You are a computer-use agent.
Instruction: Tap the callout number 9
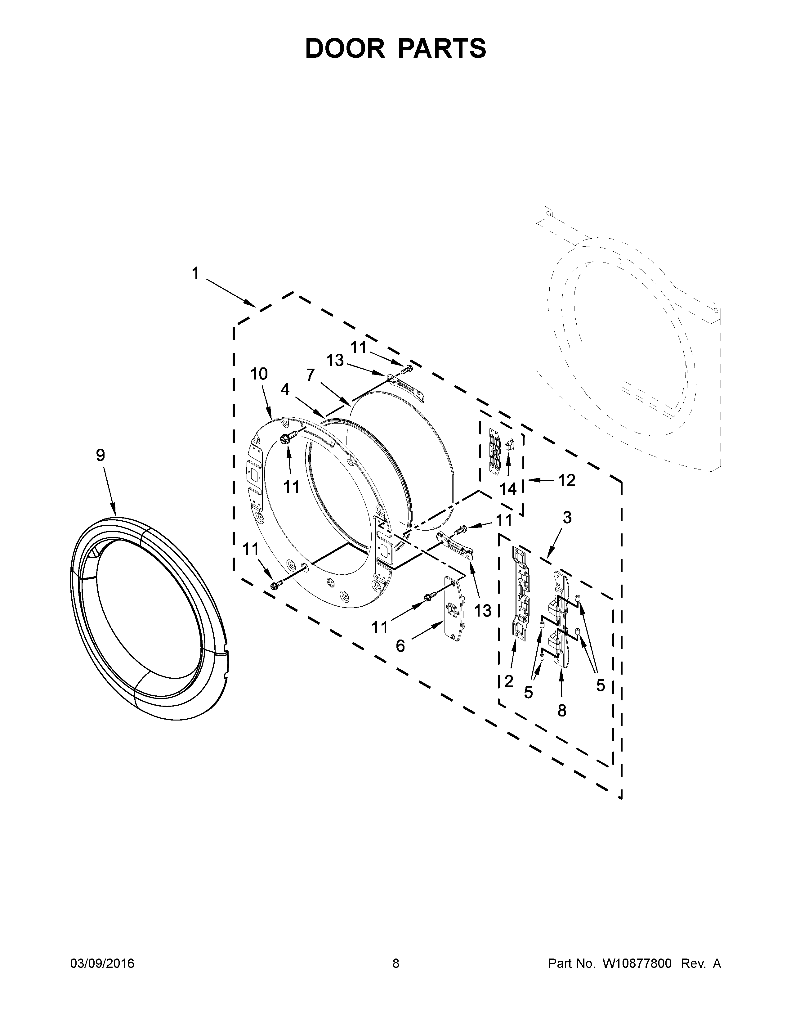click(x=100, y=455)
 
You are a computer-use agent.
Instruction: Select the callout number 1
click(x=195, y=273)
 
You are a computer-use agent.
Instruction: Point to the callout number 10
click(x=259, y=374)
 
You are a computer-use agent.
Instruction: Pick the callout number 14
click(x=508, y=489)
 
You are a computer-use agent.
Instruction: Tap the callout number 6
click(x=400, y=646)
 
